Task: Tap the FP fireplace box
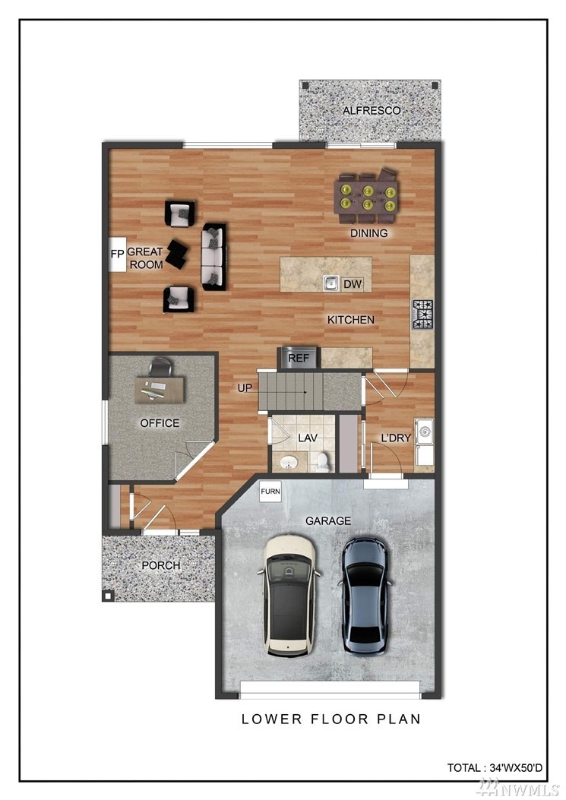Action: tap(118, 254)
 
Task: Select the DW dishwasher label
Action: tap(353, 284)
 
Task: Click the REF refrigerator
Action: tap(299, 358)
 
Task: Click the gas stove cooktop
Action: tap(422, 315)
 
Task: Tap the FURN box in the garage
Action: tap(270, 492)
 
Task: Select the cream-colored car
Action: tap(289, 596)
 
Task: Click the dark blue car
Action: tap(365, 596)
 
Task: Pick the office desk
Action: tap(160, 389)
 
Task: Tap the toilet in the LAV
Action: tap(323, 462)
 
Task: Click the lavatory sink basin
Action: tap(289, 463)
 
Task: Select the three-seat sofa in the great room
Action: tap(213, 257)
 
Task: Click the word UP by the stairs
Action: tap(245, 388)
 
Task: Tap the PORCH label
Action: tap(161, 565)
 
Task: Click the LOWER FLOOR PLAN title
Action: tap(331, 719)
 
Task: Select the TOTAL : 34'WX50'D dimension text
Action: tap(495, 767)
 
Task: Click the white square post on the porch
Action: tap(108, 596)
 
